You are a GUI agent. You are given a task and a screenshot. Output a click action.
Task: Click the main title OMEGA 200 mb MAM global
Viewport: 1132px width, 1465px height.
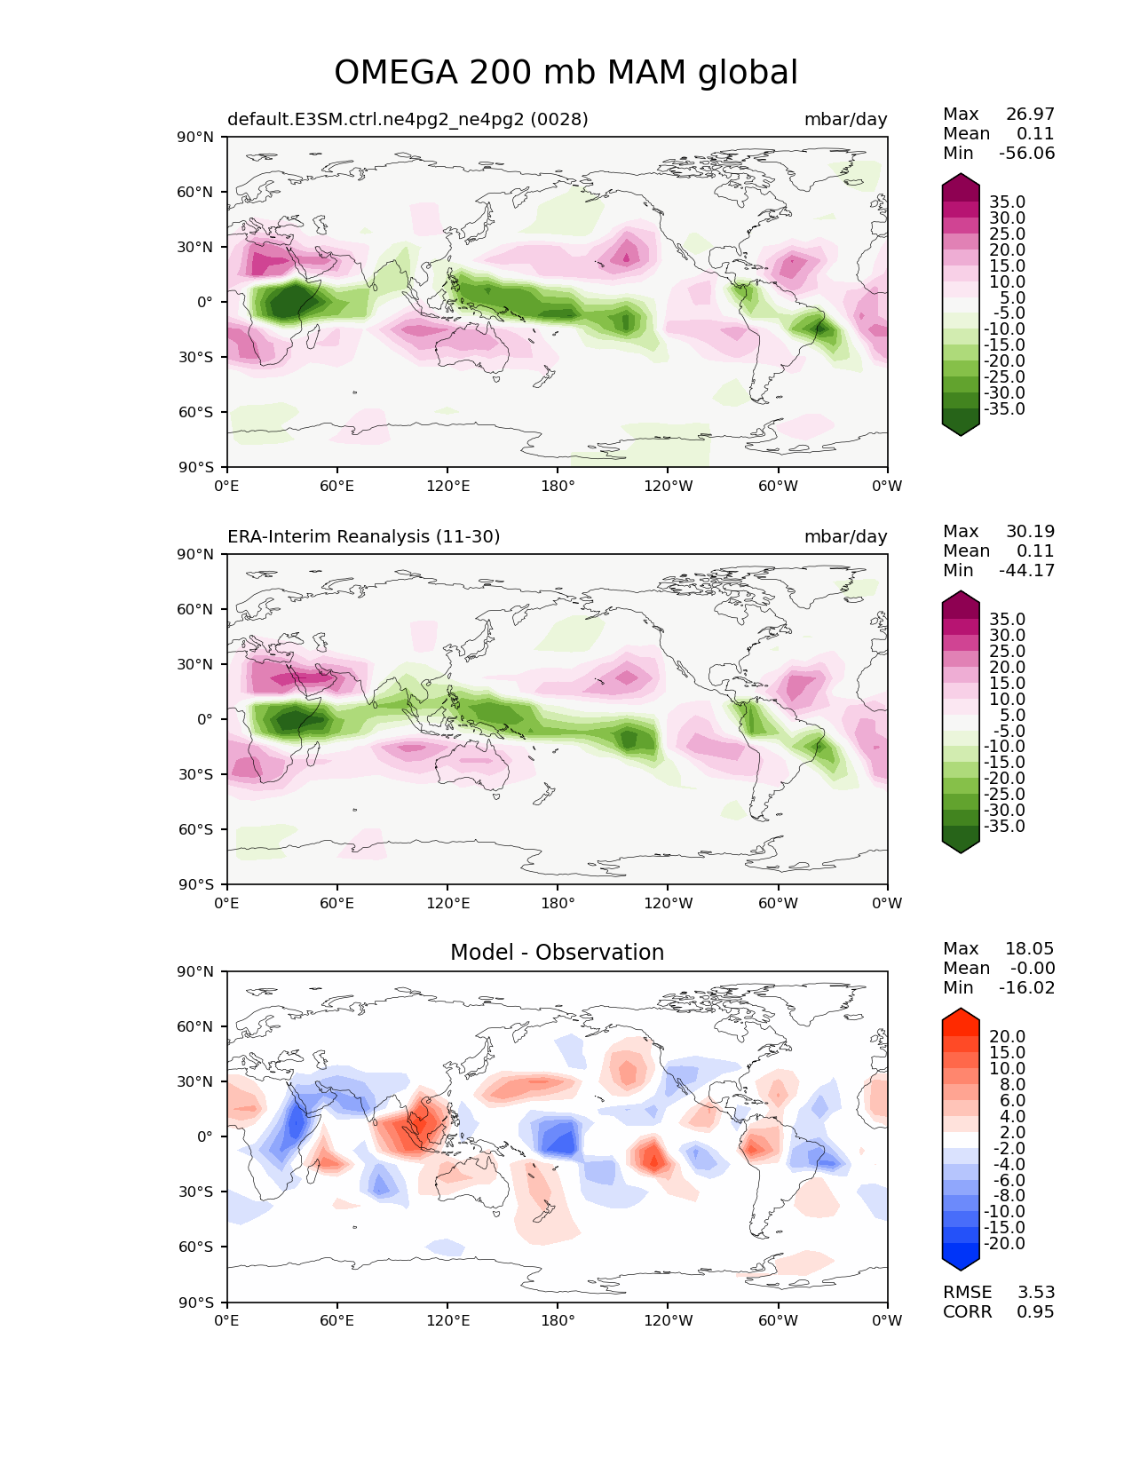(566, 73)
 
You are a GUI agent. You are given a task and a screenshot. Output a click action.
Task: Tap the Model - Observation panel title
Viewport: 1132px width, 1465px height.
(557, 952)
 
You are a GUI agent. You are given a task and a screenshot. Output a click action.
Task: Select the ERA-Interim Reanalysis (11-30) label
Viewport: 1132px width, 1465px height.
(363, 536)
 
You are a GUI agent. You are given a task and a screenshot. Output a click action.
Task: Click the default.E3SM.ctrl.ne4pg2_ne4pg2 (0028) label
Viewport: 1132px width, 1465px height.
(408, 119)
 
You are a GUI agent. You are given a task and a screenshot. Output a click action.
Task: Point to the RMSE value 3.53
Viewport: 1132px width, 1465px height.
(1035, 1292)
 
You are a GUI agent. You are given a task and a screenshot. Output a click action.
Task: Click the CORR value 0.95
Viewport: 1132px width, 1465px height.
(1035, 1311)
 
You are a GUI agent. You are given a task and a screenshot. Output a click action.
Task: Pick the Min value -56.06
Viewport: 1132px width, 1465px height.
(1027, 153)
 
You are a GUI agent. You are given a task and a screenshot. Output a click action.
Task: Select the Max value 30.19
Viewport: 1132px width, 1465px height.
(1030, 531)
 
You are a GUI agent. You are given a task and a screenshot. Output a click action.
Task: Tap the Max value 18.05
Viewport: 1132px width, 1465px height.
(1030, 948)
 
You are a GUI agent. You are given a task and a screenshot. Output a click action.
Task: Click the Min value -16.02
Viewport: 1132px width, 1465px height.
(1027, 987)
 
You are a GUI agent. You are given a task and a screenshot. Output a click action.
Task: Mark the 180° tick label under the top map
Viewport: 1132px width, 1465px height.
(558, 486)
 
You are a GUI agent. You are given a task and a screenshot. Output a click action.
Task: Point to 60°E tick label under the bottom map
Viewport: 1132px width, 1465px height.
(336, 1321)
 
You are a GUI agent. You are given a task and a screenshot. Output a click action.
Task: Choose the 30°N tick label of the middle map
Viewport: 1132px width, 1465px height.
(194, 664)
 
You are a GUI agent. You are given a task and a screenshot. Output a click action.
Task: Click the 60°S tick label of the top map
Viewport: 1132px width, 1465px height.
(195, 412)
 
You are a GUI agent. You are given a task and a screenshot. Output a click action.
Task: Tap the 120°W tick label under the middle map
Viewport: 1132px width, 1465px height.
(668, 903)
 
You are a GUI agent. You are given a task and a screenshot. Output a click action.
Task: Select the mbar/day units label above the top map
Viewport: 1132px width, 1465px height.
(845, 119)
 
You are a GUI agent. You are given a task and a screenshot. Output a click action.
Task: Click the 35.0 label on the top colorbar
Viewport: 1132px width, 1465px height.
(1008, 202)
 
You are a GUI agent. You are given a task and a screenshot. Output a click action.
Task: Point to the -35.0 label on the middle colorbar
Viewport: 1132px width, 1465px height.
(1004, 826)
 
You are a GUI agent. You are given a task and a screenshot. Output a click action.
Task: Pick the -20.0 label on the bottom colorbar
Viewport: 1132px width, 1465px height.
(1004, 1243)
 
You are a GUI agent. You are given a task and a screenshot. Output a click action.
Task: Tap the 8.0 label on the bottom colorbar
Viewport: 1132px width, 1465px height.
(1012, 1084)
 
